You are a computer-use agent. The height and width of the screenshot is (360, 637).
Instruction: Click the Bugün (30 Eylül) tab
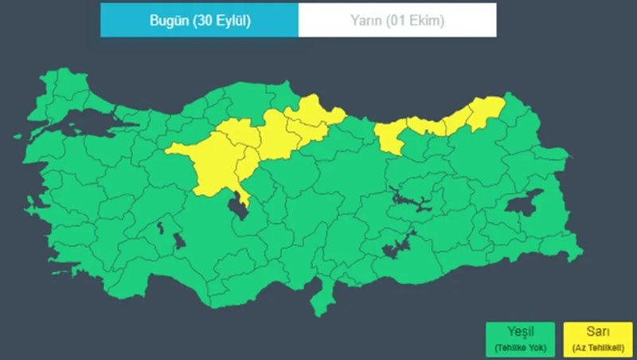coord(199,21)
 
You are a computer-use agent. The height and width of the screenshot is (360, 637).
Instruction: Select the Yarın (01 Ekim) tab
coord(397,21)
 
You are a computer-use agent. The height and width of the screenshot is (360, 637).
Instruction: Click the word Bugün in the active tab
coord(168,21)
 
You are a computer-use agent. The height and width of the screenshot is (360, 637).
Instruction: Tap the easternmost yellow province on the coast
coord(486,112)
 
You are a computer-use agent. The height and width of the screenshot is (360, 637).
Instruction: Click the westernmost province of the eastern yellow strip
coord(390,138)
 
